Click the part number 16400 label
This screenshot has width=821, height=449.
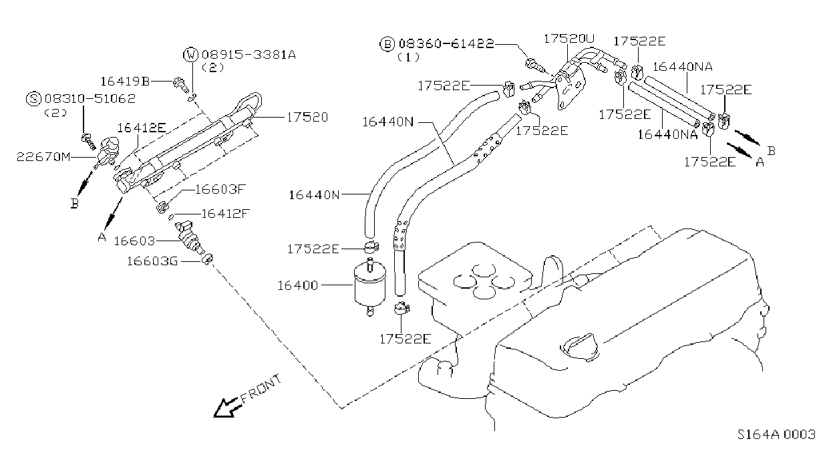(x=298, y=285)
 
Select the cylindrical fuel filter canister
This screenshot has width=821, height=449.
(x=370, y=287)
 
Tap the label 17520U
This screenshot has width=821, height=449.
(x=569, y=39)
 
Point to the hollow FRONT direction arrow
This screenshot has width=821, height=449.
(x=227, y=408)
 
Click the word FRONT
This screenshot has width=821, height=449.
(x=261, y=388)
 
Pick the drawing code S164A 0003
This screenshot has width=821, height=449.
(x=776, y=434)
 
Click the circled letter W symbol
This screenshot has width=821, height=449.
(x=190, y=55)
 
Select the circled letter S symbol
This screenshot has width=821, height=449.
(x=33, y=99)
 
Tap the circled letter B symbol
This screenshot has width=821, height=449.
(x=387, y=44)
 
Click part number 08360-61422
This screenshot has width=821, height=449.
(x=446, y=44)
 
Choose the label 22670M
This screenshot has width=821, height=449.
(x=43, y=157)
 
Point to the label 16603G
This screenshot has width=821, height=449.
(x=152, y=261)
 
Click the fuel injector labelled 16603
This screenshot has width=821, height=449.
(x=190, y=237)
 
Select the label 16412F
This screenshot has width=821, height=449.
(x=225, y=213)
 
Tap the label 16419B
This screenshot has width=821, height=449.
(x=125, y=81)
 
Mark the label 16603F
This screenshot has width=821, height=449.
(x=220, y=189)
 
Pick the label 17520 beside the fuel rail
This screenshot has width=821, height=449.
(x=307, y=117)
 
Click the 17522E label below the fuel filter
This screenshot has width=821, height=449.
(x=405, y=339)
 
